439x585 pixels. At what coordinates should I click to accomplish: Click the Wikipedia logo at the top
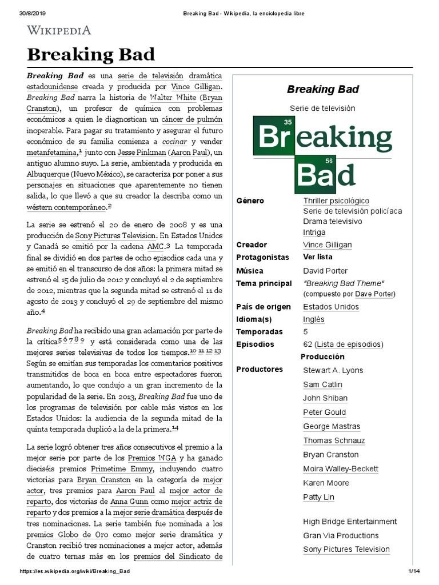tap(59, 30)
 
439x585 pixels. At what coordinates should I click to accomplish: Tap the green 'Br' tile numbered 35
tap(274, 137)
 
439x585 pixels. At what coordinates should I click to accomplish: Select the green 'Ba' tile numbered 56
tap(314, 175)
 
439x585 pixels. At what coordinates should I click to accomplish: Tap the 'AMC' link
tap(155, 246)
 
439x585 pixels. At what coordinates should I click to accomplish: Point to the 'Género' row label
tap(250, 201)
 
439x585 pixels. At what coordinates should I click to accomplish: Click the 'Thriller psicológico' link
tap(336, 201)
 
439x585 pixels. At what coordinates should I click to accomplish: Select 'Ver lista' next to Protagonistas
tap(317, 257)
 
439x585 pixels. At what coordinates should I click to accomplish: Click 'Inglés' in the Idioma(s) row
tap(314, 319)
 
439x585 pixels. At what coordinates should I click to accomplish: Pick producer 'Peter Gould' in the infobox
tap(324, 412)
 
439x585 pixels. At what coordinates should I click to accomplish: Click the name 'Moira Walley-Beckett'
tap(341, 469)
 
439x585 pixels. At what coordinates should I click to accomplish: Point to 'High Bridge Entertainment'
tap(350, 522)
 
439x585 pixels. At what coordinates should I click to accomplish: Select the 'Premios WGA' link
tap(153, 458)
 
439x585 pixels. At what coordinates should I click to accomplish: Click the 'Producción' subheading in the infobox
tap(322, 357)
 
